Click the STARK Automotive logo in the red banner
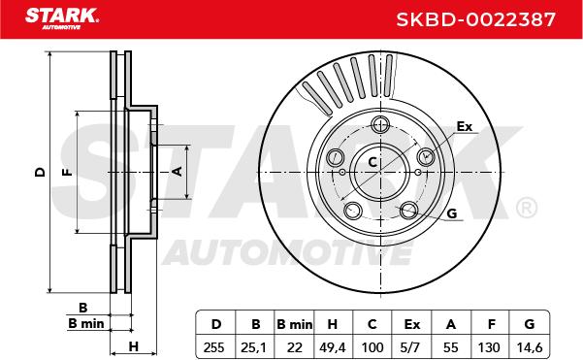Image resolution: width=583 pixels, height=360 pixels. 62,18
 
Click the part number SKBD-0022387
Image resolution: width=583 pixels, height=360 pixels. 475,19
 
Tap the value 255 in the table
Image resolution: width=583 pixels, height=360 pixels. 214,347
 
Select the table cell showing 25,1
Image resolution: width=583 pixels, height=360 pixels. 253,347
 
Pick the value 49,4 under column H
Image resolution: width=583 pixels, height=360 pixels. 333,347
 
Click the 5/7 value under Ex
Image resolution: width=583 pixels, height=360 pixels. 411,347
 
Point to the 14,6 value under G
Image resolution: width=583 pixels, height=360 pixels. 530,347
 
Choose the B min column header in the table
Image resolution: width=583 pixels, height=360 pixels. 295,324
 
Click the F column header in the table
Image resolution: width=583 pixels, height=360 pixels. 491,324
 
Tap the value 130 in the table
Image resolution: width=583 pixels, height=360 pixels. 489,347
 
